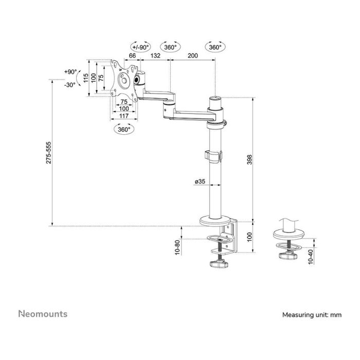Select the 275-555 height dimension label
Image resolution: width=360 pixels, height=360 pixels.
tap(48, 153)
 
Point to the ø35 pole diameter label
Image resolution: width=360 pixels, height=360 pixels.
tap(200, 181)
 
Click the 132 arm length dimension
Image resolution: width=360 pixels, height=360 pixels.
tap(153, 56)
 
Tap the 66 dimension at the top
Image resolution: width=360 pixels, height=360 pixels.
tap(132, 56)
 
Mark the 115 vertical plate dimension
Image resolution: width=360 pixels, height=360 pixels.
tap(85, 78)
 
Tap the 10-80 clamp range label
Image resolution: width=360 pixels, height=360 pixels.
tap(177, 247)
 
